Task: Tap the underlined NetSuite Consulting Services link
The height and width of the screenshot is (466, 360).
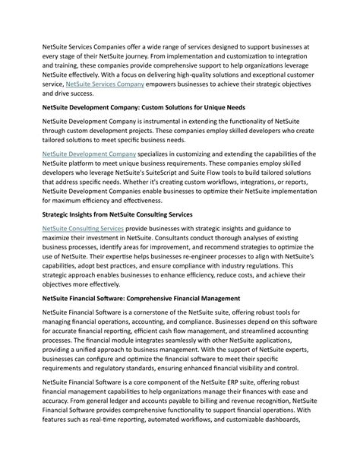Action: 82,228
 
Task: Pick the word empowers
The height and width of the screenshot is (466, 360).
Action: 176,84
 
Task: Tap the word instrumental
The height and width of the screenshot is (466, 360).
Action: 163,121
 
